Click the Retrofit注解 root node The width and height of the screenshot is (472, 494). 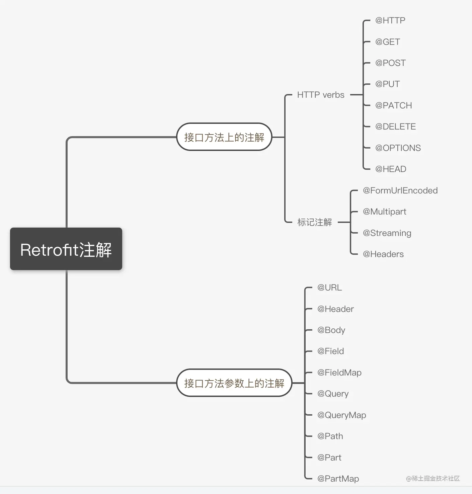coord(66,249)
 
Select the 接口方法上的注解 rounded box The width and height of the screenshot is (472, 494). coord(224,137)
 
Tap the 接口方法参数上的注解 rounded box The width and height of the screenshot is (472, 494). coord(234,383)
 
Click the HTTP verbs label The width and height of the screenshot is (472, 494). coord(320,95)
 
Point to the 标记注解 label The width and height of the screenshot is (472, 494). coord(314,222)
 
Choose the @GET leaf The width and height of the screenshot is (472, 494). coord(387,42)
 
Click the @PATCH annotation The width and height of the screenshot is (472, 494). coord(393,105)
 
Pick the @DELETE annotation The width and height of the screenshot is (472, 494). coord(395,127)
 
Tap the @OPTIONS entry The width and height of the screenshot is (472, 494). coord(398,148)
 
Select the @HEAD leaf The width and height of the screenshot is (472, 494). coord(390,169)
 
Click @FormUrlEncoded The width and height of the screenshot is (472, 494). coord(400,190)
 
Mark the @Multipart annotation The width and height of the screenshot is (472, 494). coord(384,212)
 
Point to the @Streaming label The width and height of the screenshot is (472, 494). coord(387,233)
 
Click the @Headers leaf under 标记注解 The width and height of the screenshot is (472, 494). coord(383,254)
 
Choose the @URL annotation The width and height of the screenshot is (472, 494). coord(329,287)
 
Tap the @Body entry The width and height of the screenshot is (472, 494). coord(331,330)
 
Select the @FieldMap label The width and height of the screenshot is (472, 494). coord(339,373)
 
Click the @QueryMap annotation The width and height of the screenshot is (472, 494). coord(341,415)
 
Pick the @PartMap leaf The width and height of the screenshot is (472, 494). coord(338,479)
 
